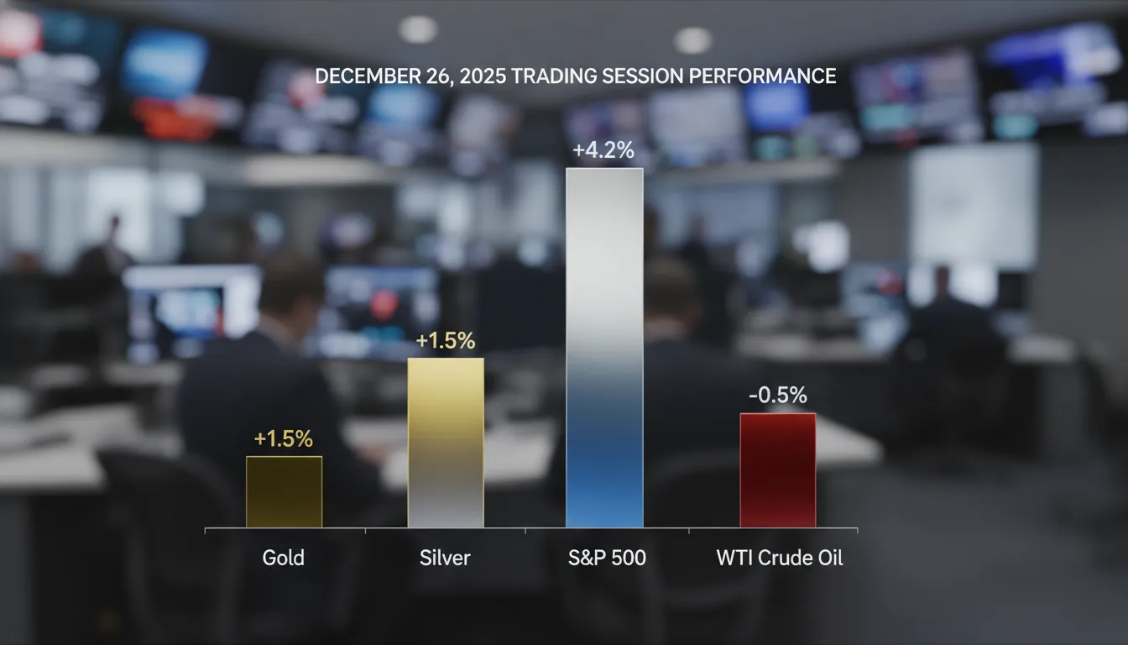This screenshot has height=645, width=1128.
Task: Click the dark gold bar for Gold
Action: [x=284, y=491]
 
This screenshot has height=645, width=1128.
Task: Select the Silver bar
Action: [x=446, y=443]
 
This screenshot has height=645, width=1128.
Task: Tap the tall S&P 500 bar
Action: [x=604, y=348]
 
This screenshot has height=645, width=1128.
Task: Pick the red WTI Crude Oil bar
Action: [x=777, y=470]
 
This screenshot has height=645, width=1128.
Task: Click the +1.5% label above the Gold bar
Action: [x=283, y=438]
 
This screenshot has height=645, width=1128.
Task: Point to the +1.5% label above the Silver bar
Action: [x=446, y=341]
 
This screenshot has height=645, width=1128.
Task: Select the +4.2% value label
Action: [x=603, y=151]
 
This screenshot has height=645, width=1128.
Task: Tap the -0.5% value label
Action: [x=776, y=396]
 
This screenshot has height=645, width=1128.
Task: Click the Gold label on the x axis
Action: [x=283, y=558]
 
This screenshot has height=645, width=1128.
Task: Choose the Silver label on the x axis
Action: [x=445, y=558]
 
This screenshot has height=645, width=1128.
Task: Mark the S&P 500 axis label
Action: [x=606, y=558]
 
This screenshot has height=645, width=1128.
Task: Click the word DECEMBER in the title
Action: [x=364, y=76]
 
